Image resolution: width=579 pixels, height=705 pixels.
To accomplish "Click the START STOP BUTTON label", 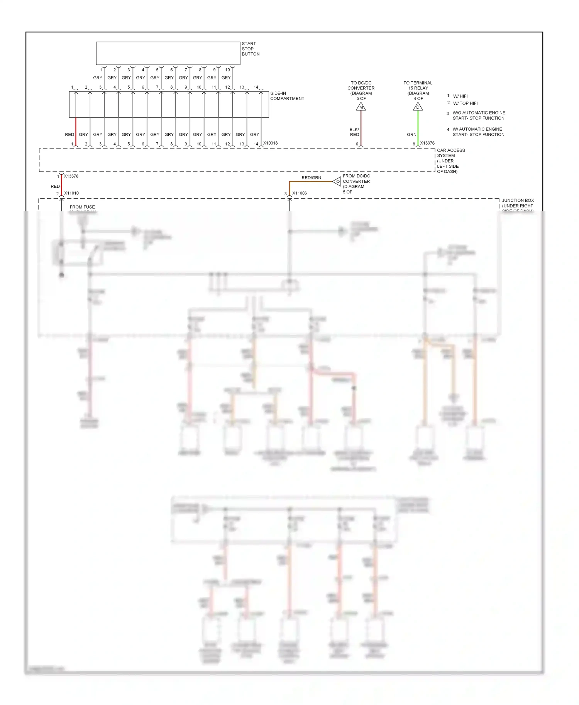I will (x=250, y=49).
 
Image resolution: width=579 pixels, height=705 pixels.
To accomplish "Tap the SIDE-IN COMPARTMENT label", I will (x=287, y=96).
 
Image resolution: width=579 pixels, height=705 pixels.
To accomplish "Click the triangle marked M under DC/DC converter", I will (x=361, y=107).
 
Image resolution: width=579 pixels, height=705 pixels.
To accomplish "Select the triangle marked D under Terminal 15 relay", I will (x=418, y=107).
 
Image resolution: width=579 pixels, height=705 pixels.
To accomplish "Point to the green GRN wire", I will (x=418, y=127).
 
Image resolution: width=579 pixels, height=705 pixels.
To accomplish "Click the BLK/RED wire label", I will (x=354, y=132).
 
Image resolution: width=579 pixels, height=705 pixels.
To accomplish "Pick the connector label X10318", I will (x=270, y=143).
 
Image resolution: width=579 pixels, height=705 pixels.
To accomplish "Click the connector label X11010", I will (x=71, y=193).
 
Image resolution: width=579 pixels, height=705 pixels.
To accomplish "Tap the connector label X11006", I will (x=300, y=193).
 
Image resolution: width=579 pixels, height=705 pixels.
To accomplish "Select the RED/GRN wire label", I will (x=311, y=178).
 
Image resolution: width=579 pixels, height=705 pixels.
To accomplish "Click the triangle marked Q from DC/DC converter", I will (x=337, y=181).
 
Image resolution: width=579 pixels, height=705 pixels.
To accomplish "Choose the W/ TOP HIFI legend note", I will (x=465, y=103).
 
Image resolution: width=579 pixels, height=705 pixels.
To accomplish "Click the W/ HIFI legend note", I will (x=460, y=96).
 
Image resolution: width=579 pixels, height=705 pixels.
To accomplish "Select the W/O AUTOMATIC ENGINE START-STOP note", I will (x=478, y=115).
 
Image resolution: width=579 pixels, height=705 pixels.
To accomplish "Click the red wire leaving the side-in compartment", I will (x=76, y=131).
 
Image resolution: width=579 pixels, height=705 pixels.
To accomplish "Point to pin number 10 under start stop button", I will (x=227, y=70).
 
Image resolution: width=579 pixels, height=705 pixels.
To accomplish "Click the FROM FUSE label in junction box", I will (x=82, y=207).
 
